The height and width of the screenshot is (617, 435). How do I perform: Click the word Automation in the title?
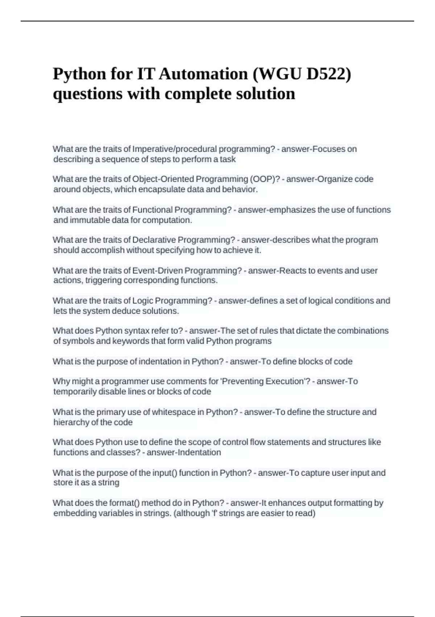pos(203,74)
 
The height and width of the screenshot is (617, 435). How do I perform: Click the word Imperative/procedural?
pos(174,149)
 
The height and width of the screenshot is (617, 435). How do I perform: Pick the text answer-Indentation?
pos(183,453)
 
